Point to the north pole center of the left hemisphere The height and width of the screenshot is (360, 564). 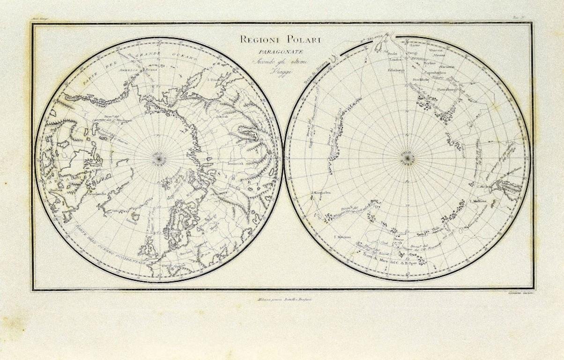tap(159, 159)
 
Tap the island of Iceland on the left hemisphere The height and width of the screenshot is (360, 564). tap(134, 216)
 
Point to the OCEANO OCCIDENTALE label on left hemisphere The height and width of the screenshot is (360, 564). tap(119, 253)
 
